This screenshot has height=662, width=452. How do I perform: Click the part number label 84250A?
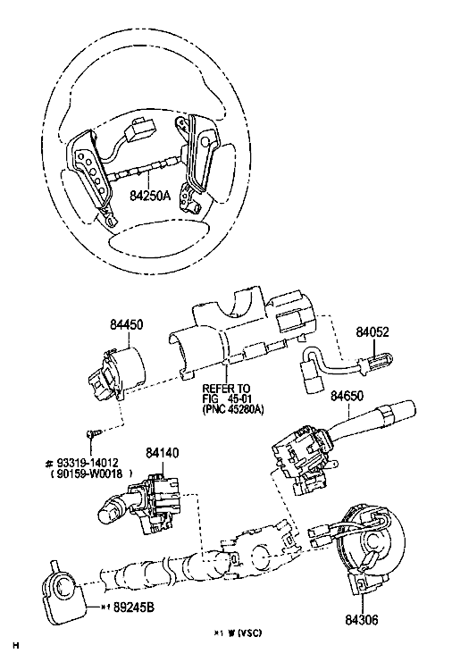(x=150, y=196)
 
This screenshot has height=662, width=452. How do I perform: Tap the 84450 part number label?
(x=127, y=324)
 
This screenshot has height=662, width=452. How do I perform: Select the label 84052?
(x=372, y=331)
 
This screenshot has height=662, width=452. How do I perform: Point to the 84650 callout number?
(x=347, y=396)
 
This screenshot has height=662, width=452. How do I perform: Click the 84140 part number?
(x=163, y=453)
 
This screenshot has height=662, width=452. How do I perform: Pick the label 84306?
(x=362, y=620)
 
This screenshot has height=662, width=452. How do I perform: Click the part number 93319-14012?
(x=87, y=463)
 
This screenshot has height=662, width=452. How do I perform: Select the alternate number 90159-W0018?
(x=87, y=473)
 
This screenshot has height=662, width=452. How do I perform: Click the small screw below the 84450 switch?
(x=93, y=433)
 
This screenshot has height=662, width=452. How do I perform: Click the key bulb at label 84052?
(x=375, y=362)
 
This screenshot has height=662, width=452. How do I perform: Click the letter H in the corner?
(x=16, y=646)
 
